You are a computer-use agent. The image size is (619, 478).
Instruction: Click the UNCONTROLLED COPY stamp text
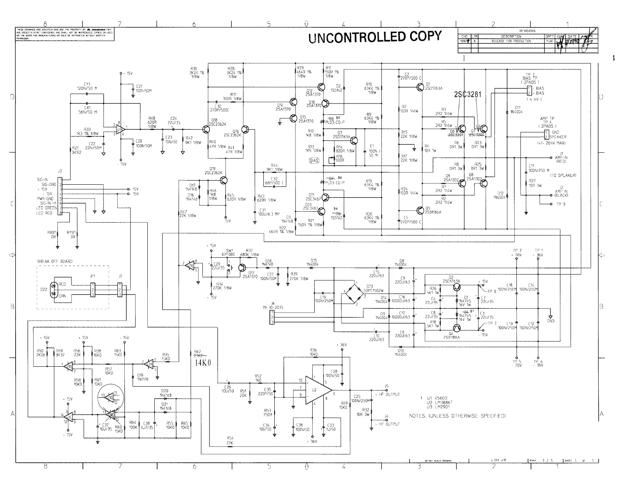375,37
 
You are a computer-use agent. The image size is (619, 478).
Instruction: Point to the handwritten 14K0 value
203,362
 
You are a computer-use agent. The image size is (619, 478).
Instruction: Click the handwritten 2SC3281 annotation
467,95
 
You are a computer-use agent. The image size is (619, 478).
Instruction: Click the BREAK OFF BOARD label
55,261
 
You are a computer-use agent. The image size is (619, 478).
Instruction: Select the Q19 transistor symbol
224,180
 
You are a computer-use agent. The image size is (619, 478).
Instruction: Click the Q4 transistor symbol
456,328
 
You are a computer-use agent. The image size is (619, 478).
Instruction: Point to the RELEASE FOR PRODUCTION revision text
511,41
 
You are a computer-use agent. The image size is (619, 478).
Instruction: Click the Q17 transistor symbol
242,268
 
